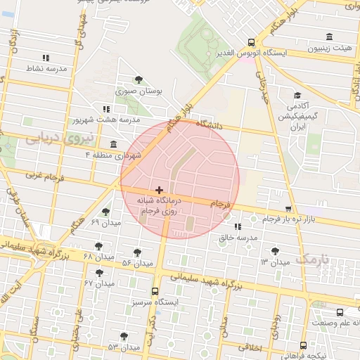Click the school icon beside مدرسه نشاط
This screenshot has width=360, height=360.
(x=46, y=58)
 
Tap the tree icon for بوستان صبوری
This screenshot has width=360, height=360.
(x=138, y=80)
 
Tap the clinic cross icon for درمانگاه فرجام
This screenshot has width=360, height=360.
(x=160, y=190)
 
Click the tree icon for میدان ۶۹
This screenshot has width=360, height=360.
(x=106, y=212)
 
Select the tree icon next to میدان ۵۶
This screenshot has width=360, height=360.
(x=137, y=252)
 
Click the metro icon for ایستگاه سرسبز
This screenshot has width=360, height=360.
(x=155, y=291)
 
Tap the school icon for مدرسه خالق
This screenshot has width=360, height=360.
(x=238, y=226)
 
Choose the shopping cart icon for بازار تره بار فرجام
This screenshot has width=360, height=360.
(x=288, y=209)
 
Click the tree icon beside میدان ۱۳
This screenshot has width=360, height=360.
(x=274, y=251)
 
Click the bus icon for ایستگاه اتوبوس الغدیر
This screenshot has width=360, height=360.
(x=252, y=41)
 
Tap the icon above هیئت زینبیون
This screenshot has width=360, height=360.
(x=329, y=37)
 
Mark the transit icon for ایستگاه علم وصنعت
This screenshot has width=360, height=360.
(x=339, y=312)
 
